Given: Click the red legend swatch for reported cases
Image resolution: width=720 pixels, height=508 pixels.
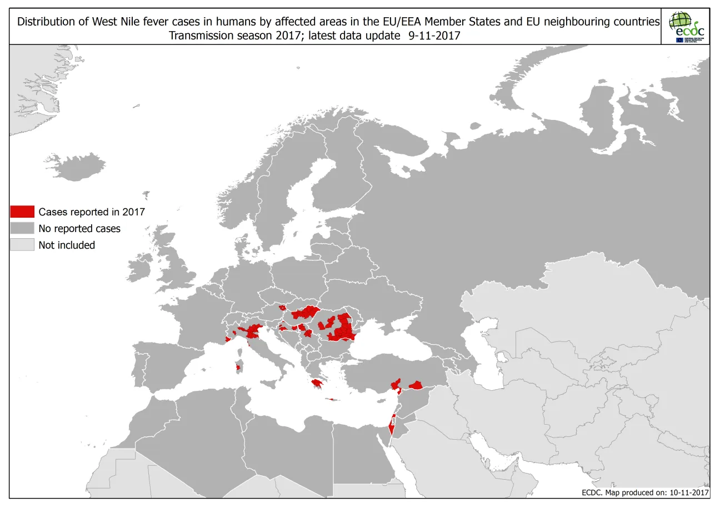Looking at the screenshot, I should click(x=22, y=212).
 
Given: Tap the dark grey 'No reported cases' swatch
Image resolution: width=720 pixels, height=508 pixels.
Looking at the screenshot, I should click(x=22, y=228).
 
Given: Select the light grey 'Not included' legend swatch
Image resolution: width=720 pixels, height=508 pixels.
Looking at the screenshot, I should click(x=22, y=245).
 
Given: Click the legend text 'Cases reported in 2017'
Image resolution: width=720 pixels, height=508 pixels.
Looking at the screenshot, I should click(x=92, y=212).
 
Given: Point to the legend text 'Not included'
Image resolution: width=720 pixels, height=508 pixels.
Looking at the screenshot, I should click(x=67, y=245).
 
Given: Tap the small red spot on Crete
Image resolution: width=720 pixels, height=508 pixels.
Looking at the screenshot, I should click(x=331, y=399).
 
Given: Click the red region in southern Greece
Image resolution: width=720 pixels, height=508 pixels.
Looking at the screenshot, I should click(x=318, y=383).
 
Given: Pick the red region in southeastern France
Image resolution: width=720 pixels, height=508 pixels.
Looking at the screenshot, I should click(x=228, y=338).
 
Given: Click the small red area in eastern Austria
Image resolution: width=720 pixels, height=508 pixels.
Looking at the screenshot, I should click(x=282, y=307).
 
